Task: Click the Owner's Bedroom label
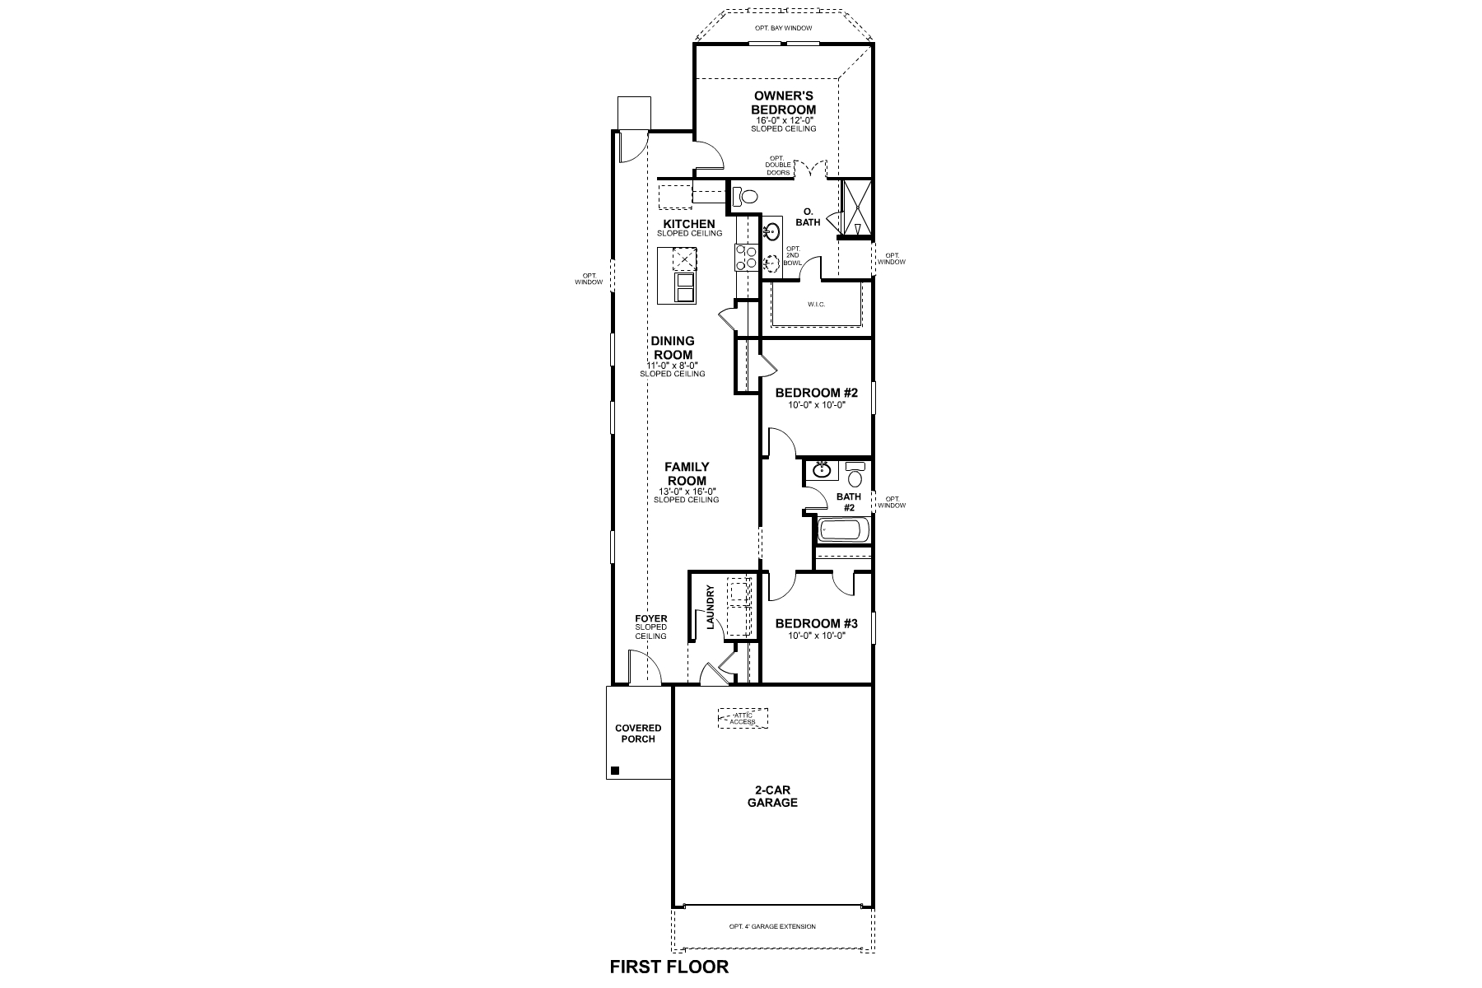coord(783,103)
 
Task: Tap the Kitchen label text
coord(689,224)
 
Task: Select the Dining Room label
coord(673,347)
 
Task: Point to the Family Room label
coord(687,473)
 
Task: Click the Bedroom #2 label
coord(816,394)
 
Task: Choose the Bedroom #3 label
coord(816,624)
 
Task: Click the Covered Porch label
coord(638,733)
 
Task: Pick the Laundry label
coord(710,608)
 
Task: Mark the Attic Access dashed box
coord(743,718)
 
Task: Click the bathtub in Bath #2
coord(840,529)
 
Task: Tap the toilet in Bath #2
coord(855,475)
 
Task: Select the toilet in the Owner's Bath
coord(745,197)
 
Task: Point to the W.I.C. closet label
coord(816,305)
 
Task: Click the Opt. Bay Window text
coord(783,29)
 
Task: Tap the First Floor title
coord(669,967)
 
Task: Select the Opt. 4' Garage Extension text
coord(772,926)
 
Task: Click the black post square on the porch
coord(614,771)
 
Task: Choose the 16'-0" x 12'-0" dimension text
coord(783,120)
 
